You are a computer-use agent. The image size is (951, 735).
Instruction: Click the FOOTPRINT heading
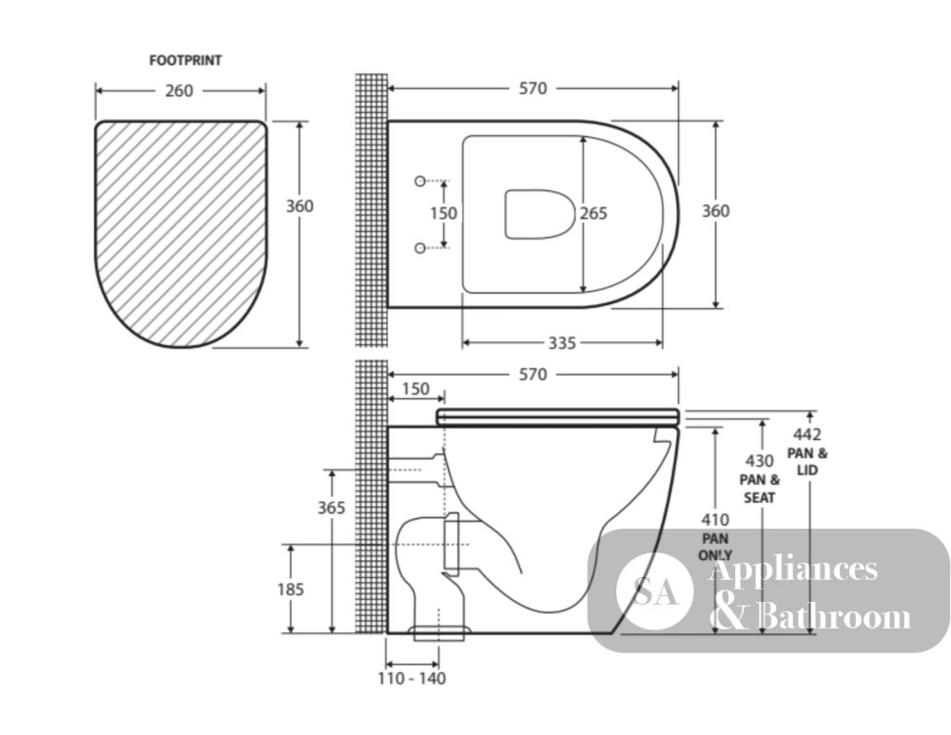185,61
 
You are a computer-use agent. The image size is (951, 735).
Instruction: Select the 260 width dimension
179,91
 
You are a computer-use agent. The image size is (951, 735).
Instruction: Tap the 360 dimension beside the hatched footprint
300,206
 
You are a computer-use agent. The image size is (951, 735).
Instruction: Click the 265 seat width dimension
593,214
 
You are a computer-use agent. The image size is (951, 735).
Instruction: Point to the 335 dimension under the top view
562,343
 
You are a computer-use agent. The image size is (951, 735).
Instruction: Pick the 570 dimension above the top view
533,88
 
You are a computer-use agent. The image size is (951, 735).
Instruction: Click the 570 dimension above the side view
533,375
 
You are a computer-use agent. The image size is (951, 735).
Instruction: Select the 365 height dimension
331,508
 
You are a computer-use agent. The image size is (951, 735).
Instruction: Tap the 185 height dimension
290,589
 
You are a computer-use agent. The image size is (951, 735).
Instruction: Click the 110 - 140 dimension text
412,679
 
